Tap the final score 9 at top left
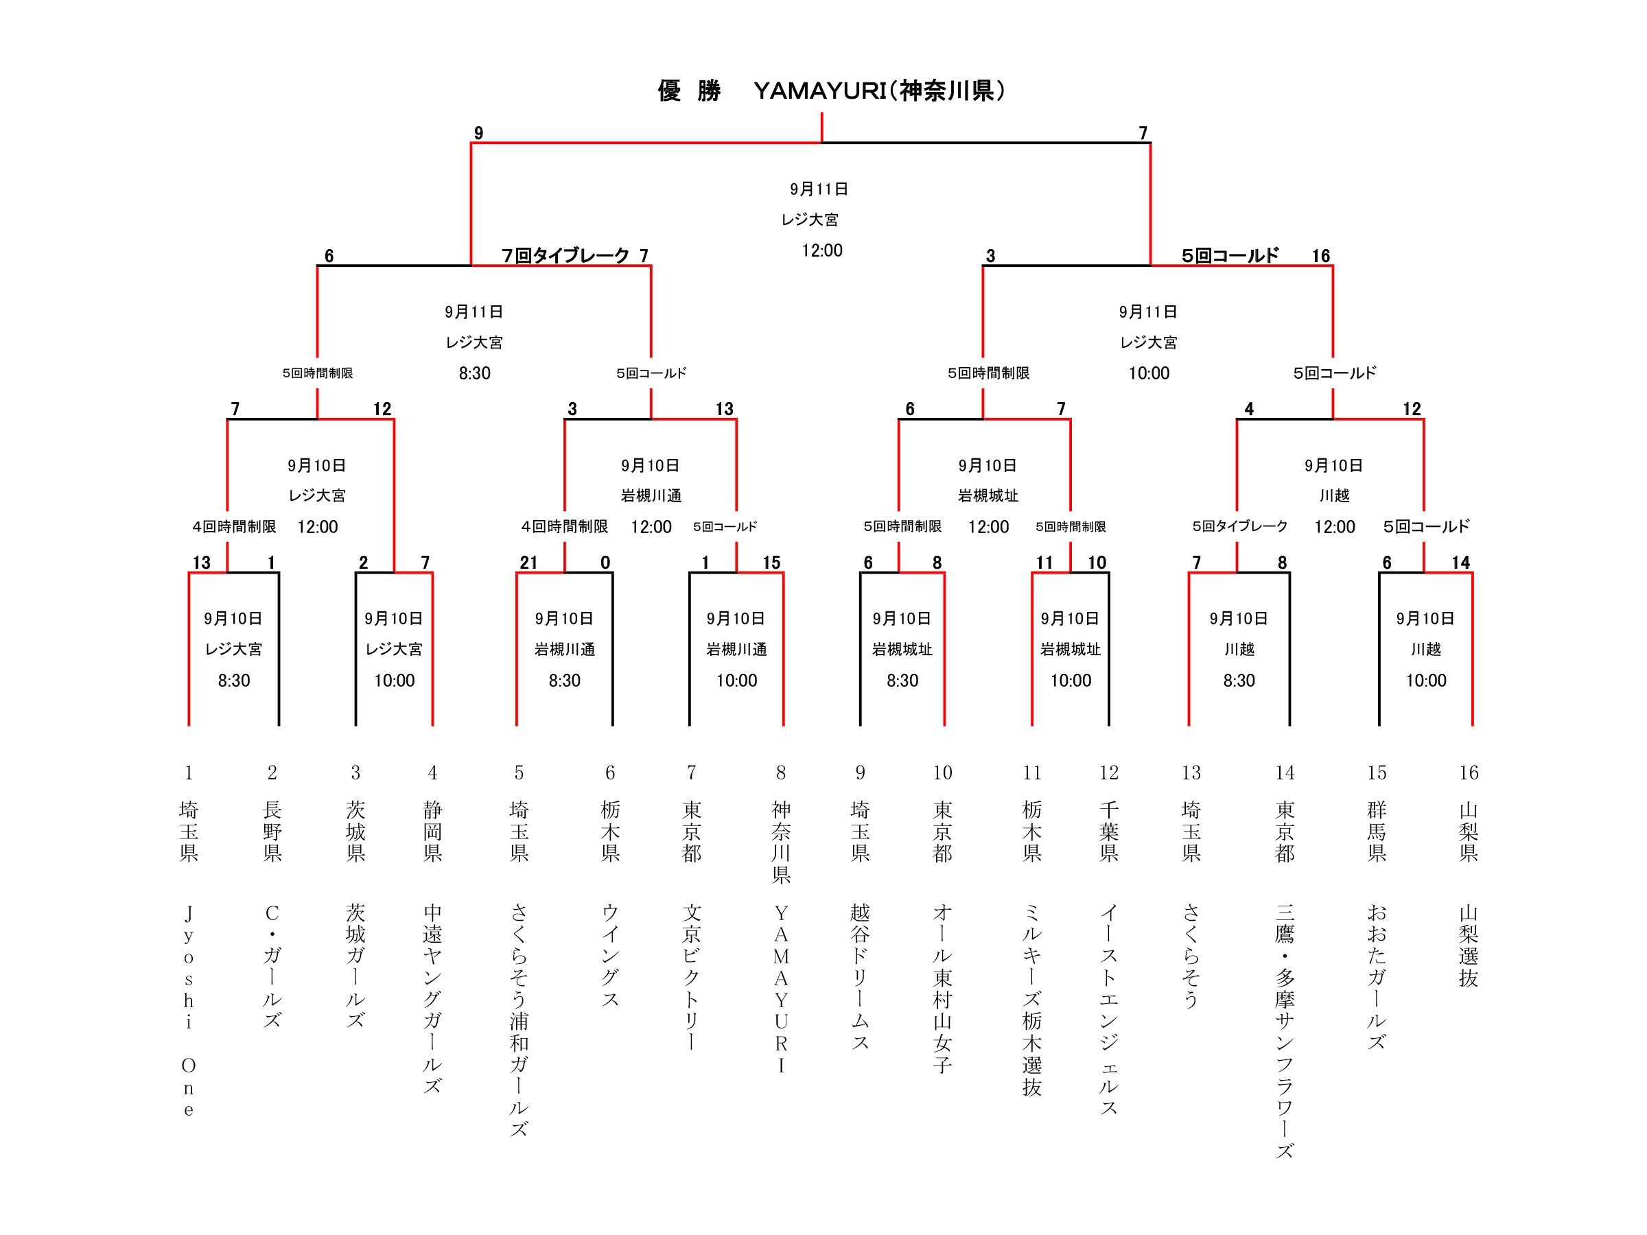tap(479, 133)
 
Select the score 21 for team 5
tap(528, 563)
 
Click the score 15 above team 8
tap(771, 563)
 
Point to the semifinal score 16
tap(1321, 256)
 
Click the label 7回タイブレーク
tap(565, 256)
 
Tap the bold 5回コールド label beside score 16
tap(1230, 256)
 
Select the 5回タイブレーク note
tap(1240, 526)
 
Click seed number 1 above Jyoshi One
tap(189, 773)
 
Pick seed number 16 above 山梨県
tap(1469, 773)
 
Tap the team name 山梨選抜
tap(1469, 945)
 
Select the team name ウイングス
tap(610, 956)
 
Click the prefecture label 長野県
tap(272, 831)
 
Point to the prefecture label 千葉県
tap(1109, 831)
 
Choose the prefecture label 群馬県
tap(1377, 831)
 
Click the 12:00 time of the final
tap(822, 251)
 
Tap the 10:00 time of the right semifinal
tap(1149, 374)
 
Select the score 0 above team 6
tap(605, 563)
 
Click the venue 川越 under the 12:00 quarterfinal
tap(1334, 496)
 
